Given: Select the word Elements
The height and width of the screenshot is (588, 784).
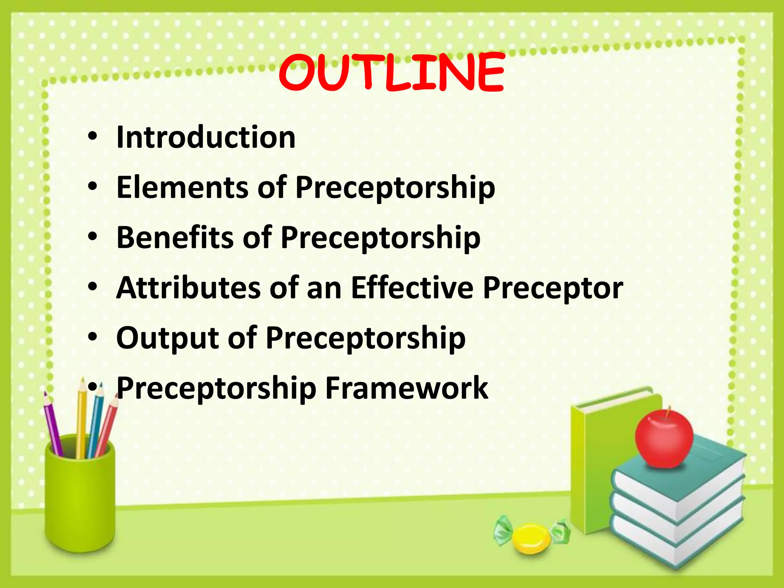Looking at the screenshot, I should [x=182, y=187].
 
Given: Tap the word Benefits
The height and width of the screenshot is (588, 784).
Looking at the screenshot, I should [x=175, y=237].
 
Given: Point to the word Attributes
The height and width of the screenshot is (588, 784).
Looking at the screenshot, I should [x=188, y=288].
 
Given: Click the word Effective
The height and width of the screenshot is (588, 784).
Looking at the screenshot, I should [x=412, y=288].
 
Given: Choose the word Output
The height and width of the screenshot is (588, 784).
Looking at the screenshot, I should [x=168, y=338].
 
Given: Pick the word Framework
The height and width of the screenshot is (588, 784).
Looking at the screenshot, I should [x=407, y=388].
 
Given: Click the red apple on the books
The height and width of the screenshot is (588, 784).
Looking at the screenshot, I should [x=664, y=440].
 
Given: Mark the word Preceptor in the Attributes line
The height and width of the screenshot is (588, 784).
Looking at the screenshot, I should [x=552, y=288].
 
